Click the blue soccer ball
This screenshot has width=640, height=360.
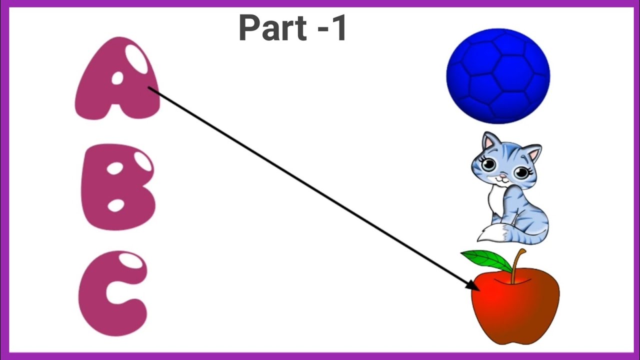pyautogui.click(x=498, y=76)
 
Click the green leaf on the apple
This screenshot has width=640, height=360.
pyautogui.click(x=487, y=260)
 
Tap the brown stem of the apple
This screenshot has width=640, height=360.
pyautogui.click(x=517, y=265)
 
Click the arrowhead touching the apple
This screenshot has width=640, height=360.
pyautogui.click(x=473, y=285)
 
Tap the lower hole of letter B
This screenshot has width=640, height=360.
pyautogui.click(x=115, y=205)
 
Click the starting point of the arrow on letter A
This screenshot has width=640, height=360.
pyautogui.click(x=148, y=87)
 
